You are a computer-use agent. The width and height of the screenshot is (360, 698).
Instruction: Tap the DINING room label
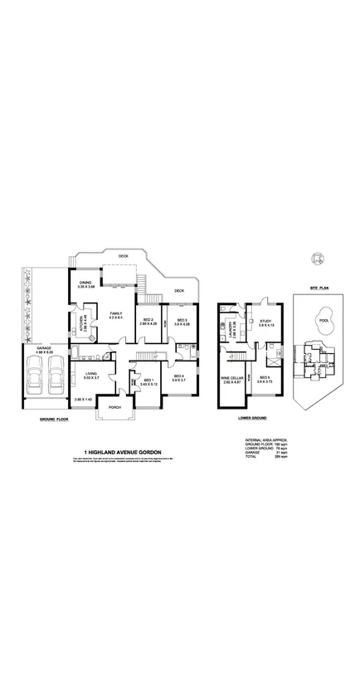point(85,284)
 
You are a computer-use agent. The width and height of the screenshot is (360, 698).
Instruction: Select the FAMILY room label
point(116,313)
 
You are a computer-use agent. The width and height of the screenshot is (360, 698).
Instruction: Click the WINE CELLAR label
point(231,379)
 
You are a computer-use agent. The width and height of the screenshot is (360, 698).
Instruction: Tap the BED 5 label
point(265,378)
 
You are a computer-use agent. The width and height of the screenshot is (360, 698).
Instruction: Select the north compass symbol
point(314,259)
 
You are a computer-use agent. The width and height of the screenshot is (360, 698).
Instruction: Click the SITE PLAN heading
point(320,286)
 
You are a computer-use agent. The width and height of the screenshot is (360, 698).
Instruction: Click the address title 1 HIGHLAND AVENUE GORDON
point(121,453)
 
